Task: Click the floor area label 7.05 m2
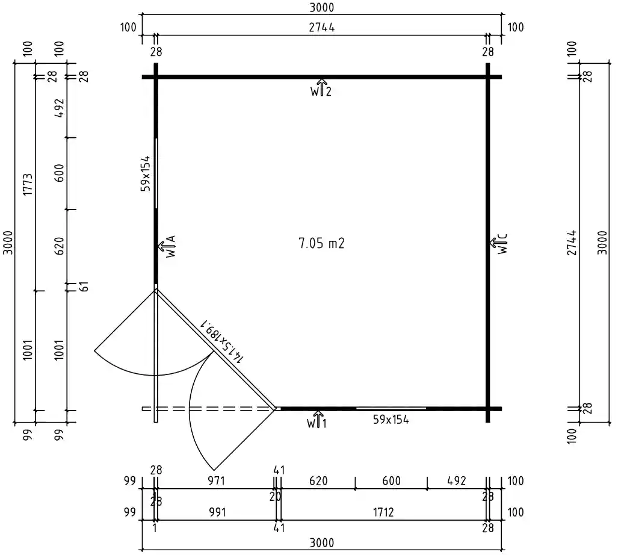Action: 321,243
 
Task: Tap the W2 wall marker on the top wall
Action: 321,88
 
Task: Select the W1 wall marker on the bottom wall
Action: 318,420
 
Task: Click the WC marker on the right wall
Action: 499,244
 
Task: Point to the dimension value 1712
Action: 383,512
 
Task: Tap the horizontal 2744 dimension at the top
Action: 322,27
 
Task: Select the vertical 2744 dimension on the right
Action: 572,243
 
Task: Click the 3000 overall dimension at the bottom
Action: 322,542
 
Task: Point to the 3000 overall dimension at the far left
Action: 8,243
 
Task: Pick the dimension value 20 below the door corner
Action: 276,497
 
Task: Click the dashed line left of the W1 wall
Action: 208,409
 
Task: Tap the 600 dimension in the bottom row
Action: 391,481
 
